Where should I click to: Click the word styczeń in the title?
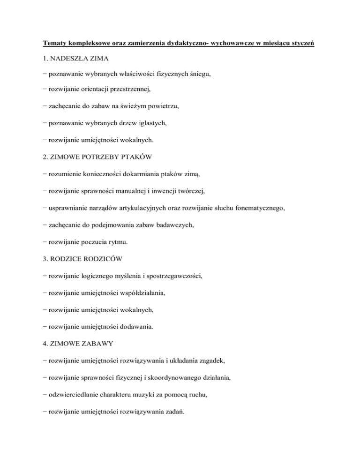302,44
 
